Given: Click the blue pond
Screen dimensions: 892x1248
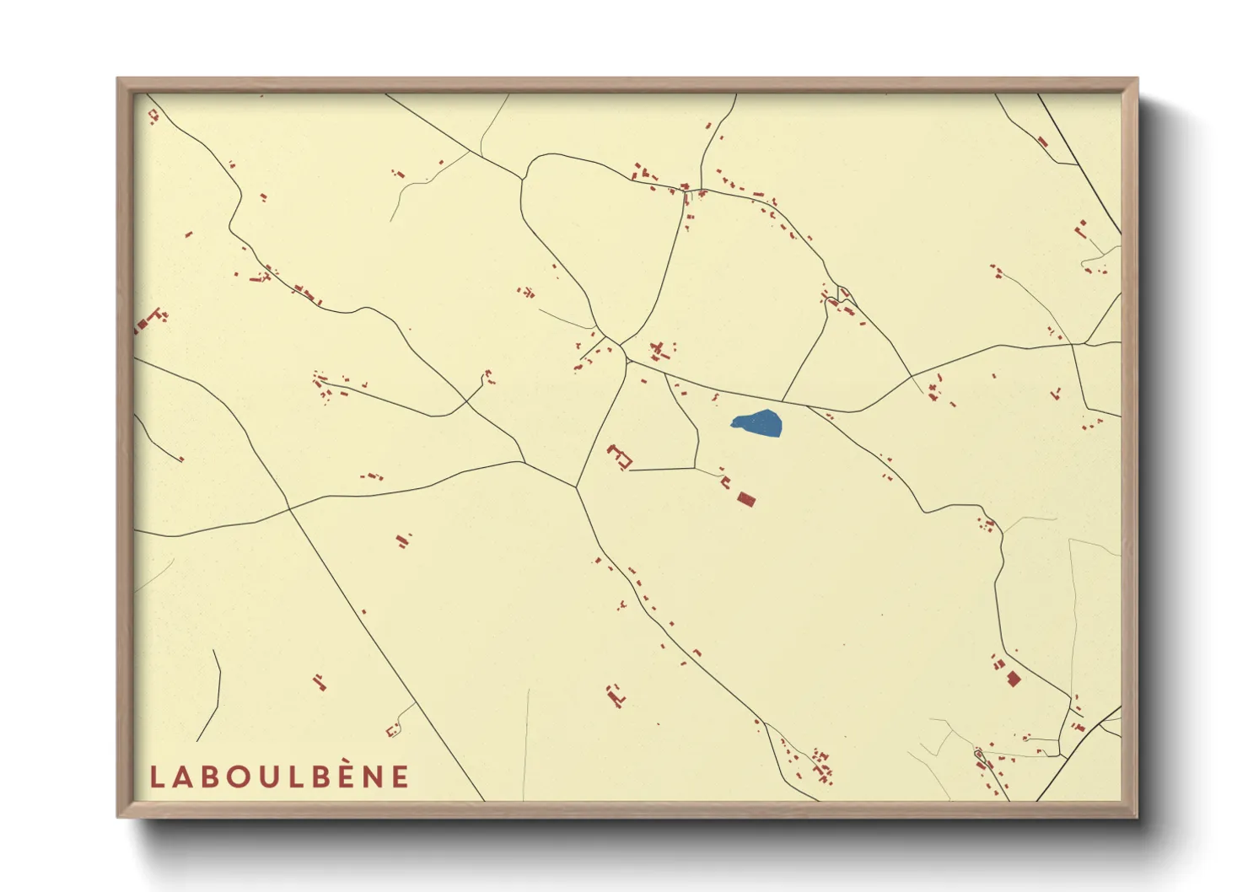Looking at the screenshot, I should coord(757,423).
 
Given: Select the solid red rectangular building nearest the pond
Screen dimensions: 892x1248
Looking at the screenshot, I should coord(745,499).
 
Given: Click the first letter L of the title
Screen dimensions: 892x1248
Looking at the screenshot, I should coord(156,776).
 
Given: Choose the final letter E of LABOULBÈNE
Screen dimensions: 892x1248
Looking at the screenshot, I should coord(401,776).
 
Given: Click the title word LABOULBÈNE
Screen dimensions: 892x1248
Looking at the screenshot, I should coord(279,776).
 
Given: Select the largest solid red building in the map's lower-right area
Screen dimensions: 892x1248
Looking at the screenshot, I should coord(1014,678).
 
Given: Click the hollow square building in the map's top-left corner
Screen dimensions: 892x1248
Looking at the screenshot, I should coord(153,116).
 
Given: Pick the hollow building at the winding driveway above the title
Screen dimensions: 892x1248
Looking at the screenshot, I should coord(392,730).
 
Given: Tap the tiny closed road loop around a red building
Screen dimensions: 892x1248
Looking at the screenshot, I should coord(979,752).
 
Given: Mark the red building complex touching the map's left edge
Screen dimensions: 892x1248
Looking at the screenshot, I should coord(148,320).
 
